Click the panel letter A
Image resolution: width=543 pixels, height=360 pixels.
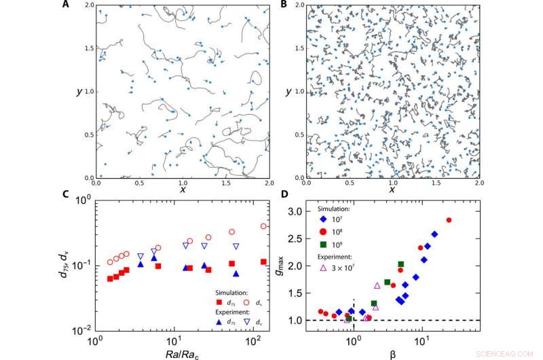click(x=65, y=5)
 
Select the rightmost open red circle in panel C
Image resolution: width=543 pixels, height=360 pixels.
click(x=263, y=226)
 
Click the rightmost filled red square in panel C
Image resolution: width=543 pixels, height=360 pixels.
click(x=263, y=262)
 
